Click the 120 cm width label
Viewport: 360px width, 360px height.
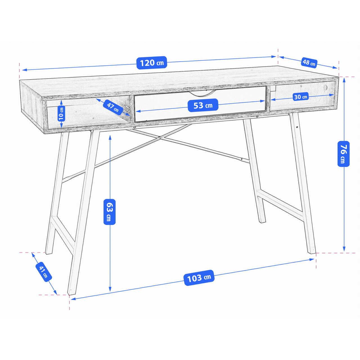pyautogui.click(x=152, y=63)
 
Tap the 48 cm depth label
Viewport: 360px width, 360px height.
pyautogui.click(x=309, y=62)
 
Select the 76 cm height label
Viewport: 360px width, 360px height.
pyautogui.click(x=344, y=154)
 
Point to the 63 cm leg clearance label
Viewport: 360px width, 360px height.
pyautogui.click(x=109, y=212)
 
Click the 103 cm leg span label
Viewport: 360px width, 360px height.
pyautogui.click(x=199, y=278)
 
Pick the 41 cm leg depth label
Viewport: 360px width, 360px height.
pyautogui.click(x=44, y=272)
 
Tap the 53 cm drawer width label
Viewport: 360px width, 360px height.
pyautogui.click(x=203, y=105)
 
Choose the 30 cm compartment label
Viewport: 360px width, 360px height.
pyautogui.click(x=301, y=97)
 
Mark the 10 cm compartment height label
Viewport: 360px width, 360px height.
pyautogui.click(x=61, y=114)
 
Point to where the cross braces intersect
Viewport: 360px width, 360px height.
pyautogui.click(x=160, y=138)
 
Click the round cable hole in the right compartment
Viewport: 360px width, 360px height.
pyautogui.click(x=326, y=87)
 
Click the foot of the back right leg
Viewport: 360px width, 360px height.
pyautogui.click(x=263, y=221)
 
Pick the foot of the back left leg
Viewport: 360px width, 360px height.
pyautogui.click(x=49, y=252)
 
